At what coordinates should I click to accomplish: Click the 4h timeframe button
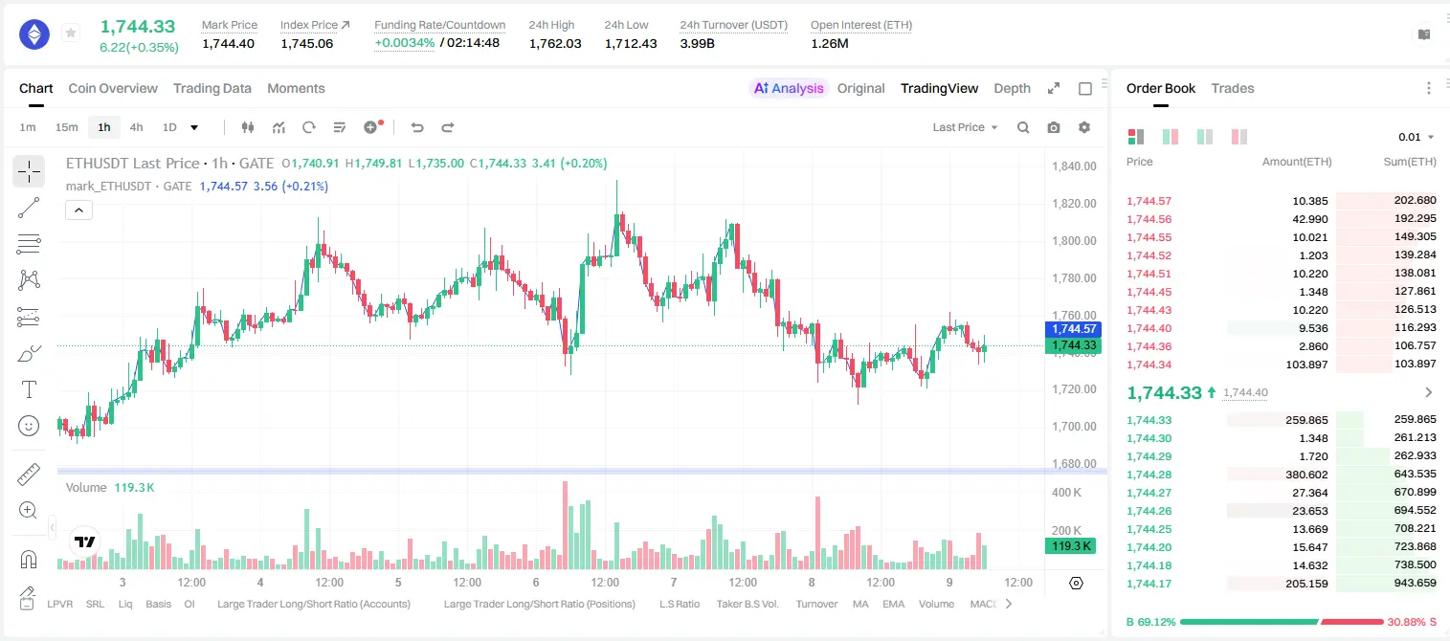136,127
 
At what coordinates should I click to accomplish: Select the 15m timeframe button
67,127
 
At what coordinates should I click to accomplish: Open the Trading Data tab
212,88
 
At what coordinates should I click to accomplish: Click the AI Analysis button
789,88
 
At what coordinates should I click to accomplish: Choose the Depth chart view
1012,88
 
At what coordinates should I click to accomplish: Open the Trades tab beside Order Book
1233,88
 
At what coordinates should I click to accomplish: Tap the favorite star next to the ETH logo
71,33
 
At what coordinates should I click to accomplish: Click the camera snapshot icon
1054,127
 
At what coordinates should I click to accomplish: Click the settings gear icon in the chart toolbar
1084,127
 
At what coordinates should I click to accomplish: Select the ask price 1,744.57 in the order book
1149,201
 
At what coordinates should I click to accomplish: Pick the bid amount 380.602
1306,475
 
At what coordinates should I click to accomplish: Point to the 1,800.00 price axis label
1074,241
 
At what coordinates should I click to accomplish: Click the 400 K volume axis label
1066,493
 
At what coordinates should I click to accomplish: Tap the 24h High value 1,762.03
555,43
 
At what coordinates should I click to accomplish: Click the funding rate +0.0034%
405,43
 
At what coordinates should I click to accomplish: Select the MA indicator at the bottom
860,604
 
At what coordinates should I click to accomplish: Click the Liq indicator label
125,604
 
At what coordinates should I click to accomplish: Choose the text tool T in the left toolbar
29,390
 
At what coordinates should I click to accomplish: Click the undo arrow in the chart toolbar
417,127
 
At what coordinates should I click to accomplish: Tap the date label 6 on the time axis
536,582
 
